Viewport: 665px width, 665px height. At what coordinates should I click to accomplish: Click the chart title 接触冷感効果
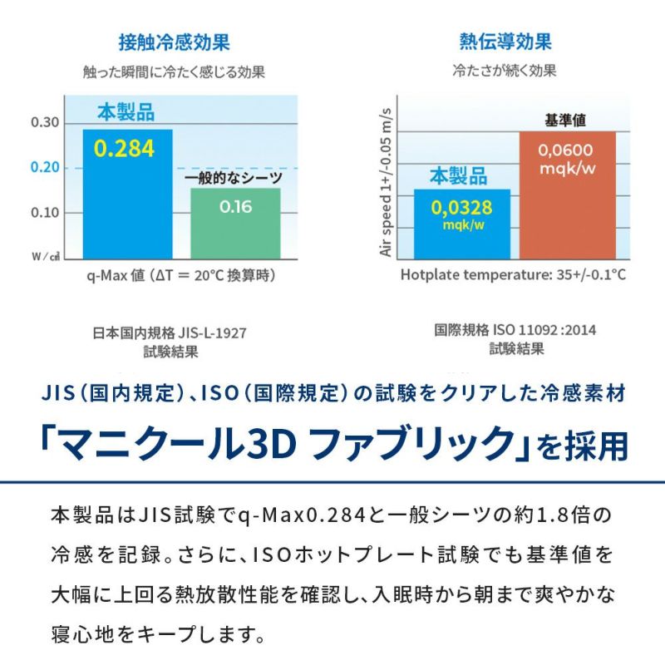[x=174, y=42]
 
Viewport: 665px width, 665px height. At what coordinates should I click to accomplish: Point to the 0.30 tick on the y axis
[x=46, y=123]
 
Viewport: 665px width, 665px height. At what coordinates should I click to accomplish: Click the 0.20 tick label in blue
[x=46, y=168]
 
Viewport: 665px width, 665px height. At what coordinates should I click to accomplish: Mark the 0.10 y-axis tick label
[x=46, y=213]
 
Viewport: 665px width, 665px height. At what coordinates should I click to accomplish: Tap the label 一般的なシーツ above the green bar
[x=233, y=178]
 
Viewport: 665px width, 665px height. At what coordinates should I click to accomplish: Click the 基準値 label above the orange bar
[x=565, y=120]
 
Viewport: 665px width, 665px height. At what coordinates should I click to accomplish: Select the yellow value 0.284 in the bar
[x=124, y=148]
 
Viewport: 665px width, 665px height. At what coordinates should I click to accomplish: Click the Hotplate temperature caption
[x=513, y=274]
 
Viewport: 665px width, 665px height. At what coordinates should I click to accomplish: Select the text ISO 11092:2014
[x=544, y=330]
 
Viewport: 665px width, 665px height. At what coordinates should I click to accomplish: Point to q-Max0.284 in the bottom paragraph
[x=286, y=515]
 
